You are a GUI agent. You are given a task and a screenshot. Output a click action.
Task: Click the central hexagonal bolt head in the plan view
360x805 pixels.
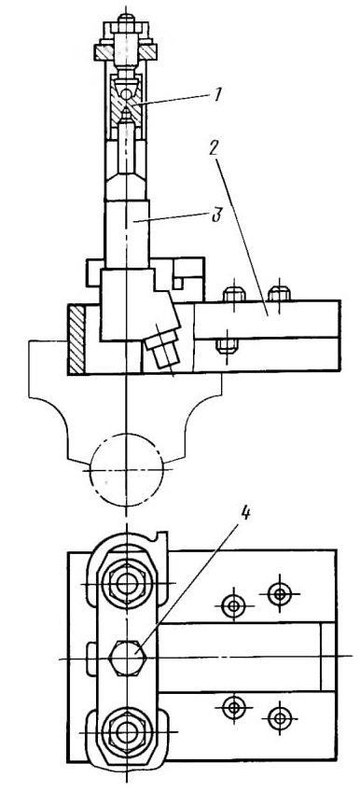click(x=126, y=658)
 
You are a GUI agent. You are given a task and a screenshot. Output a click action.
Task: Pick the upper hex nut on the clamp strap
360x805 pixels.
click(x=126, y=583)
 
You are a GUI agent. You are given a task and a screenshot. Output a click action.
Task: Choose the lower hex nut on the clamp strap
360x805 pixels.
click(x=126, y=731)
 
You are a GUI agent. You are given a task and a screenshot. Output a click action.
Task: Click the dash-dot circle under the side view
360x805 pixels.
click(x=126, y=469)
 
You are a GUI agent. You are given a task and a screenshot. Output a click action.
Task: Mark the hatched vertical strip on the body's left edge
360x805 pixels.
click(x=76, y=339)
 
